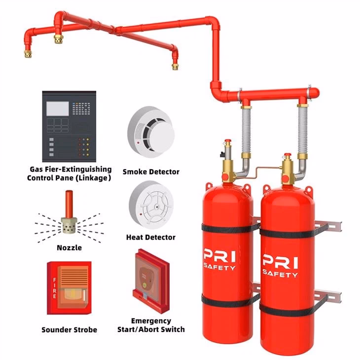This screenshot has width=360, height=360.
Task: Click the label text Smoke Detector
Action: tap(151, 172)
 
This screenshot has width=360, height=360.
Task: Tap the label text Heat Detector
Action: tap(151, 237)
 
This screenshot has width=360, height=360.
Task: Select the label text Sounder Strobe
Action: tap(70, 329)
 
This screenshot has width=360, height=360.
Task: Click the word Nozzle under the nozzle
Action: tap(69, 248)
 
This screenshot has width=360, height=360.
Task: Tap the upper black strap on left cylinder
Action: tap(225, 228)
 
